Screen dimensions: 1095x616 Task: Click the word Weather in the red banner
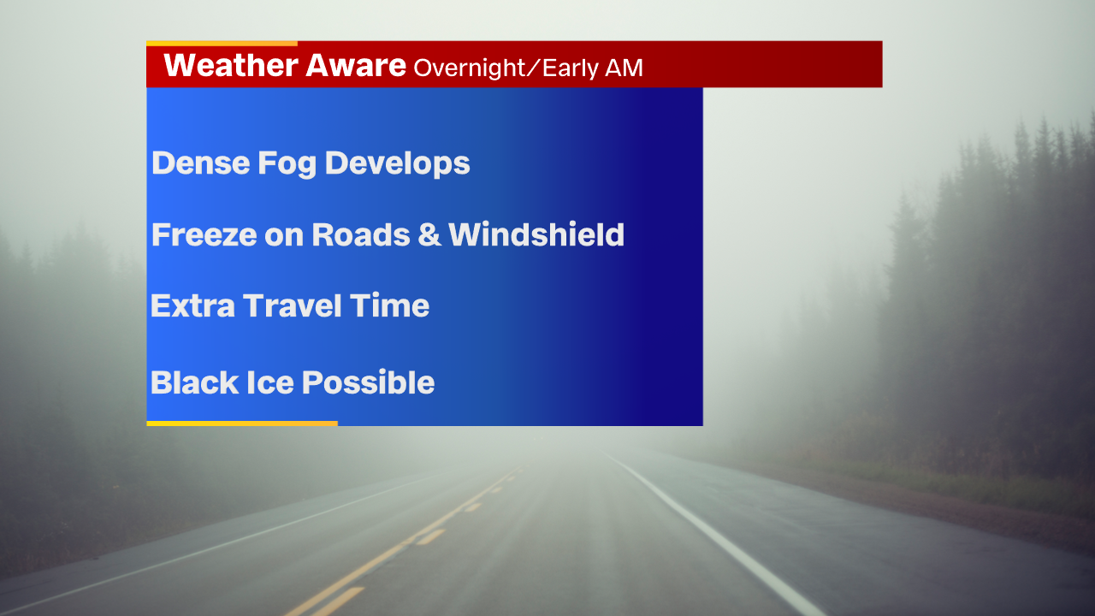click(231, 65)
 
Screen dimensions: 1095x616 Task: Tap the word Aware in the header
click(356, 65)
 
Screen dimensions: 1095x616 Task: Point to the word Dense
click(201, 163)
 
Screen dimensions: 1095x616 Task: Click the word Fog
click(287, 163)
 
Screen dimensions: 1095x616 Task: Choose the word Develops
click(398, 163)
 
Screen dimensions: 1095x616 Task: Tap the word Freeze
click(204, 234)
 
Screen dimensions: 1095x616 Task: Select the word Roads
click(361, 234)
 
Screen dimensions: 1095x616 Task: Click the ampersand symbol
click(429, 234)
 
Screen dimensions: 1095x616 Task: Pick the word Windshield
click(536, 234)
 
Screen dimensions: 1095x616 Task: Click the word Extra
click(192, 306)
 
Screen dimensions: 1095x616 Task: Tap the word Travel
click(293, 305)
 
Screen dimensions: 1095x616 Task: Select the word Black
click(194, 382)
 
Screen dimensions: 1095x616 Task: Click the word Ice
click(270, 382)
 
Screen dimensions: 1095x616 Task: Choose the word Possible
click(369, 382)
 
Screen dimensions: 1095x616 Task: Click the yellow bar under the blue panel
click(242, 423)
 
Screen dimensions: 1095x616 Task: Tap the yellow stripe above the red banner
click(222, 44)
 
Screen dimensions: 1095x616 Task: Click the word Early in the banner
click(571, 68)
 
